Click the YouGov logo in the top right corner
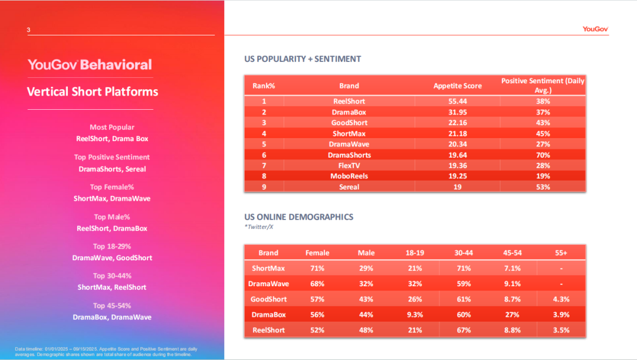point(595,29)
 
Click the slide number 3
point(28,30)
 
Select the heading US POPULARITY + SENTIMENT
point(303,59)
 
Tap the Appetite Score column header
point(457,86)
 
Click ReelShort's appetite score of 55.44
point(457,102)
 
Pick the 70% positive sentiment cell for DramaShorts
point(543,155)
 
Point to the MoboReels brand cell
point(349,176)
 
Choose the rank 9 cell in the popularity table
point(264,187)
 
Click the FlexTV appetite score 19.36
point(457,166)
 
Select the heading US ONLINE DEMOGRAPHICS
point(299,217)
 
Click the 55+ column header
point(561,253)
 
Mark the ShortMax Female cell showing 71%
point(317,269)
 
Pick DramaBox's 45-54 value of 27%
point(512,315)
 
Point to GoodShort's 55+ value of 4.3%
point(561,299)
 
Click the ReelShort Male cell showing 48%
point(366,330)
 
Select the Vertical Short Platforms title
point(93,91)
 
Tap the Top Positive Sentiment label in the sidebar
point(112,157)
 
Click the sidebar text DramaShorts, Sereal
point(112,169)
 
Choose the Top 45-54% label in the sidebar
point(112,306)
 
